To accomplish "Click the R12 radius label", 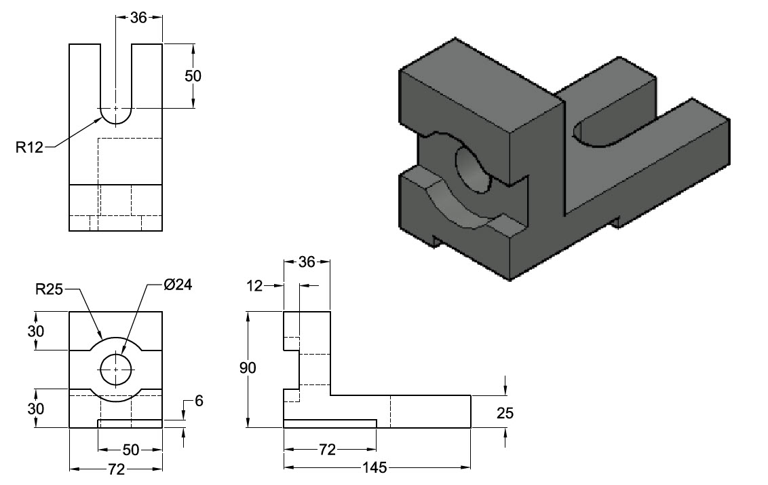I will click(30, 147).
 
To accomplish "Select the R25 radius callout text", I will click(49, 290).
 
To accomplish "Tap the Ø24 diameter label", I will click(178, 285).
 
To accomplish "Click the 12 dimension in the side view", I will click(254, 287).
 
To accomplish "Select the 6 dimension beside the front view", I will click(199, 401).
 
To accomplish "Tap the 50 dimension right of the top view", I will click(193, 75).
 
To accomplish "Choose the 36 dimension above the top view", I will click(138, 18).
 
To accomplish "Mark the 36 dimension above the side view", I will click(307, 262).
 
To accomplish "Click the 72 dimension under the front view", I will click(117, 469).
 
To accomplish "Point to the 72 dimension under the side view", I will click(328, 450).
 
